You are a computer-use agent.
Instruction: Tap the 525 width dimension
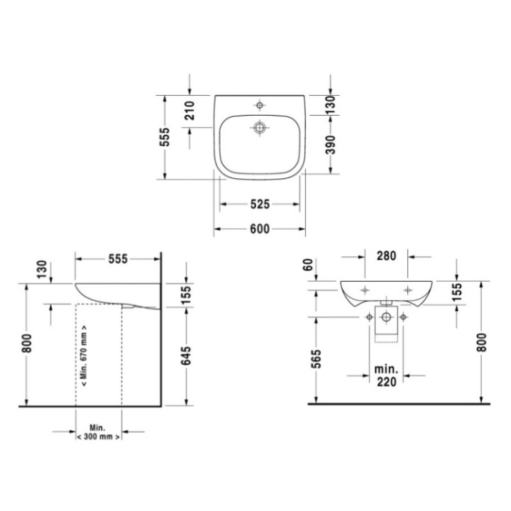click(x=260, y=204)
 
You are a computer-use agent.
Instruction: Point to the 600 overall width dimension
click(x=260, y=229)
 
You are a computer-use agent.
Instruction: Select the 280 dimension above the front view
click(x=387, y=256)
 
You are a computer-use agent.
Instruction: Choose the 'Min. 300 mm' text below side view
click(x=98, y=434)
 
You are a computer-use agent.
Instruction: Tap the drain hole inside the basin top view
click(x=260, y=128)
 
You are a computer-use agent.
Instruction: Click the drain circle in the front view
click(x=387, y=317)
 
